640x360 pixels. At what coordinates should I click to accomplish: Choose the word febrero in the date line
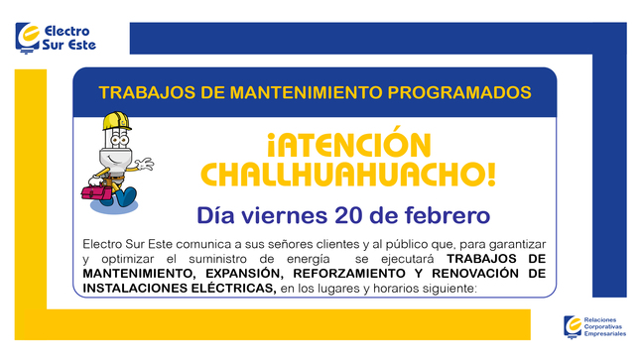[x=446, y=214]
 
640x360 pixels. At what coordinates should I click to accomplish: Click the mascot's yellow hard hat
[x=114, y=126]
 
